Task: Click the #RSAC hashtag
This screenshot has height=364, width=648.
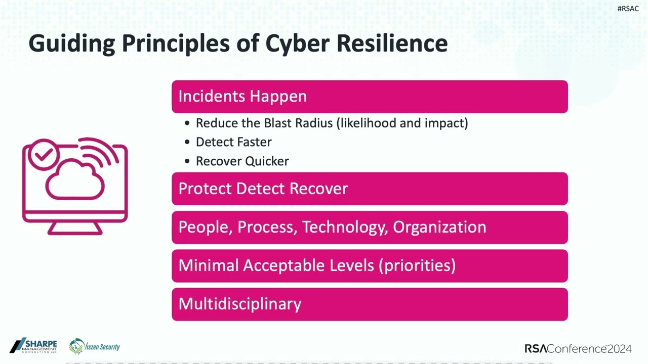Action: (x=628, y=9)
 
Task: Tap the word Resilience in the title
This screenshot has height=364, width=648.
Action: (x=392, y=43)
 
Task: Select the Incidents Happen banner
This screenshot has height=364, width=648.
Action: (x=370, y=97)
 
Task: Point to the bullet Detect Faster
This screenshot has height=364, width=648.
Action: (x=233, y=142)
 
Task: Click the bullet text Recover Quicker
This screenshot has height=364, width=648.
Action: (x=242, y=161)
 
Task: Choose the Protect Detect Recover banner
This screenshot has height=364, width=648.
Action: (x=370, y=189)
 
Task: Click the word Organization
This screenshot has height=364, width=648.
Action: (x=439, y=227)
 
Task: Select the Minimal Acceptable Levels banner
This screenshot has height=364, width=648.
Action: (x=370, y=265)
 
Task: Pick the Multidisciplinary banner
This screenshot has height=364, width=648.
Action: (x=370, y=304)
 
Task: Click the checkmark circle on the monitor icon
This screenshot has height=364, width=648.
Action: (x=44, y=155)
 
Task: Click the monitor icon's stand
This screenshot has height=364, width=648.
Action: (x=75, y=229)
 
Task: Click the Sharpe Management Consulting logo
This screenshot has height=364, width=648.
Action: (x=33, y=346)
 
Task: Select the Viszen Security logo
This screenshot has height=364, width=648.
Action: (x=94, y=346)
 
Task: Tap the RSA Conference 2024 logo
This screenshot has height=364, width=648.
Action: (x=578, y=349)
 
